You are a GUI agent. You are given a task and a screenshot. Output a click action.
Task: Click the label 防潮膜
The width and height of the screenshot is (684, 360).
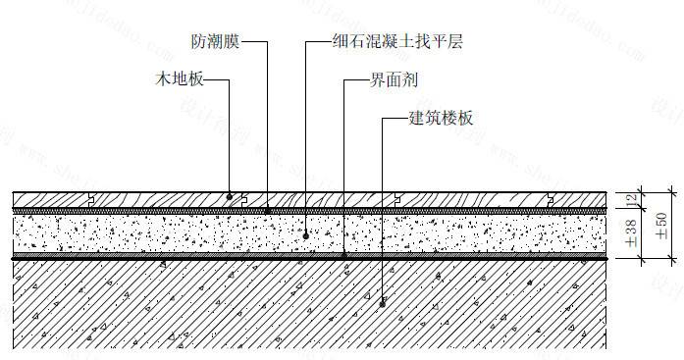215,43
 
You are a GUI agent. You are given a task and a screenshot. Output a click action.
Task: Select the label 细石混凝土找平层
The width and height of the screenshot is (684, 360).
396,43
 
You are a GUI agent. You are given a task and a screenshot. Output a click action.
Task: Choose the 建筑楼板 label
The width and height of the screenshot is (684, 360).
441,117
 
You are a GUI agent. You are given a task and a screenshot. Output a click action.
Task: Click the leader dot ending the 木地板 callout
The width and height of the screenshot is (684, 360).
230,196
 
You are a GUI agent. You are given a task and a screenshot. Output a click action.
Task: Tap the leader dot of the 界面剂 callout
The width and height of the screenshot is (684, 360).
342,256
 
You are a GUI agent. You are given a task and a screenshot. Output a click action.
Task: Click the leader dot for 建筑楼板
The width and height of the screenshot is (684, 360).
382,301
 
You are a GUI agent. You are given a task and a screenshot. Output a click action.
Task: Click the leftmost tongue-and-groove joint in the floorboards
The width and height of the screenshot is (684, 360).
89,200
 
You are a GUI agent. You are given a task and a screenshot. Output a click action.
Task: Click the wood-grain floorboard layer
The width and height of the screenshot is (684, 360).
157,200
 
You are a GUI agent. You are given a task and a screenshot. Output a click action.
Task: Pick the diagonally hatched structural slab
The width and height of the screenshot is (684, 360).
196,304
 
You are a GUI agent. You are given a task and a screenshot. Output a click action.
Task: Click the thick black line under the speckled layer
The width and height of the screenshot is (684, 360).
196,257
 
